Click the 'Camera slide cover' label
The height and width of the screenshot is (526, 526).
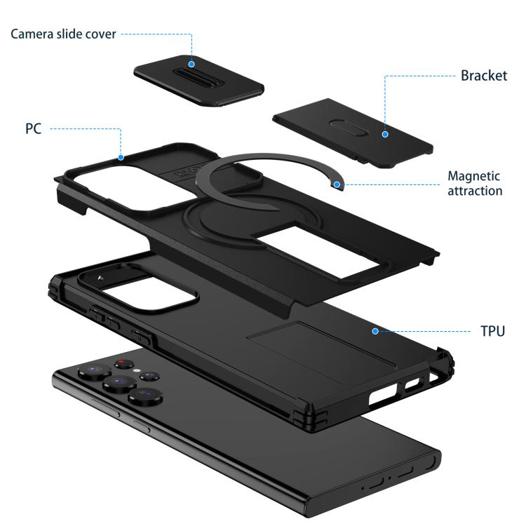(x=63, y=34)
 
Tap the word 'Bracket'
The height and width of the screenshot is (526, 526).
(x=484, y=76)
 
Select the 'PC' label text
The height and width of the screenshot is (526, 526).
(x=33, y=128)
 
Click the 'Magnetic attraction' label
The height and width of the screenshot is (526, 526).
(x=475, y=183)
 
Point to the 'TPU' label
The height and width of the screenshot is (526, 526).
(x=492, y=331)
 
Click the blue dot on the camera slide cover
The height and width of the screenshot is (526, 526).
(x=191, y=64)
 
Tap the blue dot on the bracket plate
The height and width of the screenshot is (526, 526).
(x=385, y=134)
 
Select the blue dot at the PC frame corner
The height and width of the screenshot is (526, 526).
(x=121, y=157)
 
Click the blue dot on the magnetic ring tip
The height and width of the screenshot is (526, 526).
(x=337, y=184)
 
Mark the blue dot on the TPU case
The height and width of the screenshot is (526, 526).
(x=375, y=331)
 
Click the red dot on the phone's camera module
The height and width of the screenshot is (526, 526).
(x=121, y=362)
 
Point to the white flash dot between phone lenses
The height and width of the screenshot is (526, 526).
(x=137, y=371)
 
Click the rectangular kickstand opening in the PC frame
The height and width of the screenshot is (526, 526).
(x=318, y=252)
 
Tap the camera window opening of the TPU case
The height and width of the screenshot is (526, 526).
(x=144, y=292)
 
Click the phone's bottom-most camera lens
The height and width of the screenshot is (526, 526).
(x=145, y=396)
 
